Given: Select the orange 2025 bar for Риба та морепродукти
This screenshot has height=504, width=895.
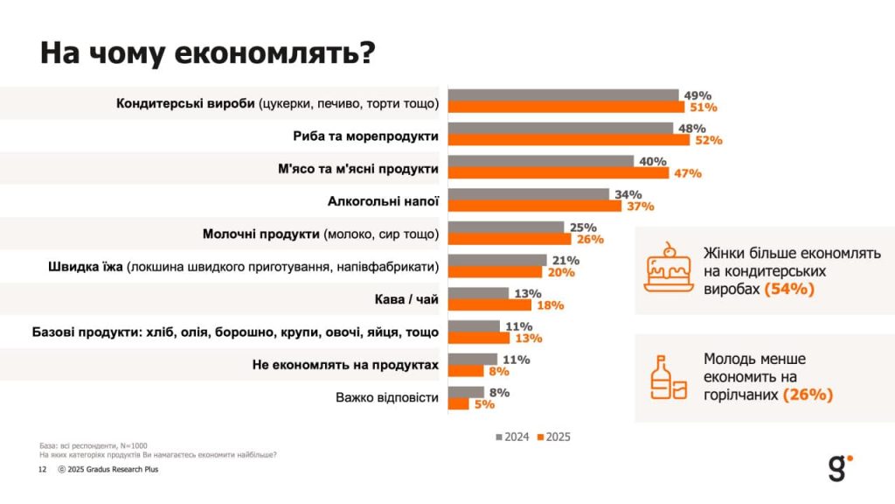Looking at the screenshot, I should [568, 139].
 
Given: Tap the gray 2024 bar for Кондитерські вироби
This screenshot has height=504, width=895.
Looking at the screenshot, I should [563, 95].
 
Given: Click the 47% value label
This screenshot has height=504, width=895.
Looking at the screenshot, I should [686, 173].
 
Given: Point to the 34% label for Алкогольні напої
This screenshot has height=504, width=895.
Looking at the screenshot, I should [628, 194].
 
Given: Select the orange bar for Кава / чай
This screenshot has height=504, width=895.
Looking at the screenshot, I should [489, 305].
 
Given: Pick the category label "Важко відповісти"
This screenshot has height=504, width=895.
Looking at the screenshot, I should [386, 397].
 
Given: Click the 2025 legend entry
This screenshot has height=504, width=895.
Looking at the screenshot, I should [554, 437].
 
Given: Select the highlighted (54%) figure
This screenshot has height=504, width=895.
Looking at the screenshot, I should [789, 289].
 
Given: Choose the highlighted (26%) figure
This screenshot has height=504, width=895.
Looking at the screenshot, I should [808, 395].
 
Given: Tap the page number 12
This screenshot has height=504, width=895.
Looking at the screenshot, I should [41, 470].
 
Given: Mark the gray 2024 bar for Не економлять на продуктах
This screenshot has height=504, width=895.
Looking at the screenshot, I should [472, 359].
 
